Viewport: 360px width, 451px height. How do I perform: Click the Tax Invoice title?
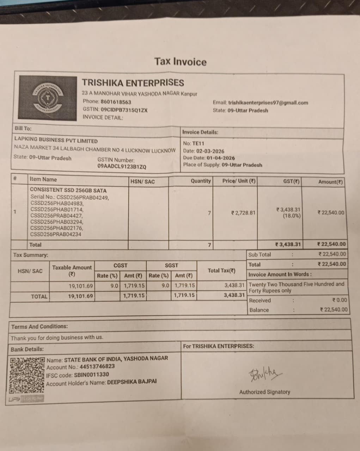[180, 62]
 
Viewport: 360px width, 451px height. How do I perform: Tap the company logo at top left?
[48, 98]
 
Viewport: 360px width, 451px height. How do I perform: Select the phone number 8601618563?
[116, 102]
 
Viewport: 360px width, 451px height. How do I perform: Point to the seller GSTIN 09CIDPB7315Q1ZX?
[124, 110]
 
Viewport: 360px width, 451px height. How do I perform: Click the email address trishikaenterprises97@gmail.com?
[268, 103]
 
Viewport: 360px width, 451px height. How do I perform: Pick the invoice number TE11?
[198, 143]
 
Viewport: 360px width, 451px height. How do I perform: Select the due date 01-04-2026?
[220, 158]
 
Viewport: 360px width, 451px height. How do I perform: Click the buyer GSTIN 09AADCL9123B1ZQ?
[122, 167]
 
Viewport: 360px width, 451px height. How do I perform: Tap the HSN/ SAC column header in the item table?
[142, 181]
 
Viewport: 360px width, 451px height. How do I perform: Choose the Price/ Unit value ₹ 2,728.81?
[243, 213]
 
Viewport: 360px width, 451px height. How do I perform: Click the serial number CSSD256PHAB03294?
[57, 222]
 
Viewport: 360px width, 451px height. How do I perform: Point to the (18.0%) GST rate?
[292, 216]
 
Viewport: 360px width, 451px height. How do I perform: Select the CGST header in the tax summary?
[121, 265]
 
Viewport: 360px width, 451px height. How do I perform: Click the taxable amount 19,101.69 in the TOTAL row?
[80, 296]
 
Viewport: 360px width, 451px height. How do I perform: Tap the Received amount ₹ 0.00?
[340, 300]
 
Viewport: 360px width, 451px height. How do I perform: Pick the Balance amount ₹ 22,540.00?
[334, 310]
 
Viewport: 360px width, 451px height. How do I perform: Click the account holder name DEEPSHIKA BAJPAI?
[132, 382]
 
